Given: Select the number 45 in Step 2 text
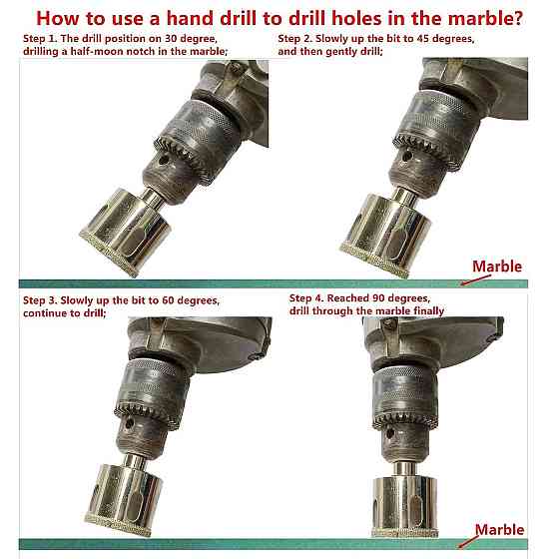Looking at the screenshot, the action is [422, 39].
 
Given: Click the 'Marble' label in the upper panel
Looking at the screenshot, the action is [497, 267].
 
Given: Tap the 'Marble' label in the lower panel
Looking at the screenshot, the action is [499, 530].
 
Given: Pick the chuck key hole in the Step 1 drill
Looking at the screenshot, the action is [164, 160].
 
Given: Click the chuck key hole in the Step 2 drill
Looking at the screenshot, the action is [407, 156].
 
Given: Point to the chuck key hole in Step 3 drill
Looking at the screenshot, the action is [129, 423].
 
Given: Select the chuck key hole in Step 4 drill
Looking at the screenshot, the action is [390, 433].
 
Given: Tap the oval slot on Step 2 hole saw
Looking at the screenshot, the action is [398, 242].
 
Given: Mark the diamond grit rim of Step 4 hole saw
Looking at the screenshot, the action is [405, 533].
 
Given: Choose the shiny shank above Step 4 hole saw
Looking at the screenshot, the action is [405, 469].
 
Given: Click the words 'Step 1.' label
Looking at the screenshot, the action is [40, 39].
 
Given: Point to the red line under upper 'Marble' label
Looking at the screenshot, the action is [476, 279].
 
